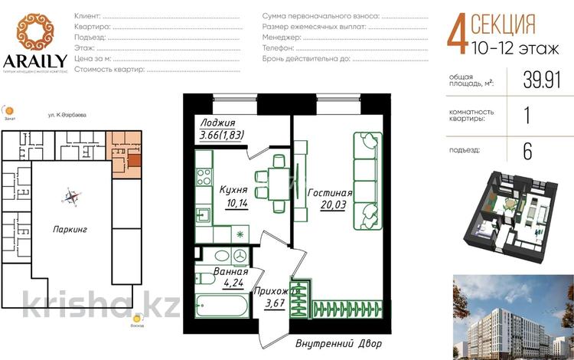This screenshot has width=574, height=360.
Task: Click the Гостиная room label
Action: [330, 193]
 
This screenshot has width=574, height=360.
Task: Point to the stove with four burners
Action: [204, 176]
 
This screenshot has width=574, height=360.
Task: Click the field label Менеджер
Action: [281, 37]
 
